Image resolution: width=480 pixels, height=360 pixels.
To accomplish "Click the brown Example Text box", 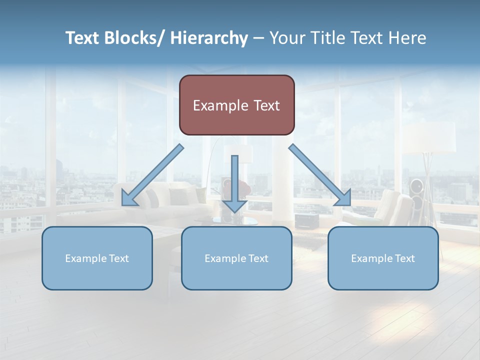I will [236, 105].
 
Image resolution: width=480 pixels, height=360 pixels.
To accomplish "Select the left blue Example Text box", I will [97, 258].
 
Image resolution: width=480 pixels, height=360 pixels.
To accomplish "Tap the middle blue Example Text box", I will [236, 258].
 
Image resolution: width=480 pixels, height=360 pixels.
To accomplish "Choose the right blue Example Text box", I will [383, 258].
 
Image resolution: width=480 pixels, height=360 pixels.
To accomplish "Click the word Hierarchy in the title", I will [209, 38].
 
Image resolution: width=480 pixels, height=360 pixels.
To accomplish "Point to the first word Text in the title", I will [82, 38].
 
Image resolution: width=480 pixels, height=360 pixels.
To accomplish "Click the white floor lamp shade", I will [430, 136].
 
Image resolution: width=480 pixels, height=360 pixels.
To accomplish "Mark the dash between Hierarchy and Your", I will [258, 38].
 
